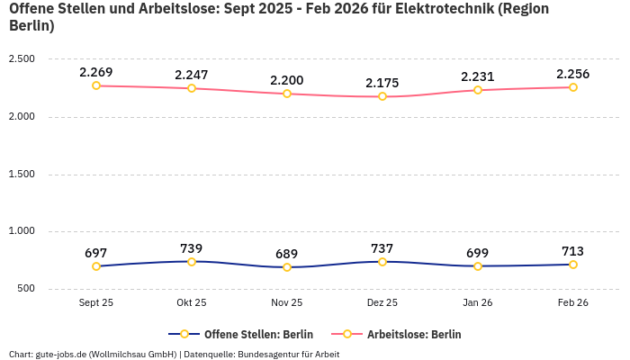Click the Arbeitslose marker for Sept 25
pyautogui.click(x=96, y=85)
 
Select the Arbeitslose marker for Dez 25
pyautogui.click(x=382, y=96)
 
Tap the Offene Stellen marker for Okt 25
pyautogui.click(x=192, y=262)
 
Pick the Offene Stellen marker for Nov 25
pyautogui.click(x=287, y=267)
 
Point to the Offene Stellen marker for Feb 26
pyautogui.click(x=573, y=265)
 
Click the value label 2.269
pyautogui.click(x=96, y=72)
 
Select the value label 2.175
pyautogui.click(x=382, y=83)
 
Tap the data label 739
pyautogui.click(x=192, y=248)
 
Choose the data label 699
pyautogui.click(x=478, y=253)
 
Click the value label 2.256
pyautogui.click(x=573, y=74)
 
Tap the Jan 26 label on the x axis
pyautogui.click(x=478, y=303)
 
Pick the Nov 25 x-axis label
pyautogui.click(x=287, y=303)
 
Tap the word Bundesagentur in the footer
pyautogui.click(x=271, y=354)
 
